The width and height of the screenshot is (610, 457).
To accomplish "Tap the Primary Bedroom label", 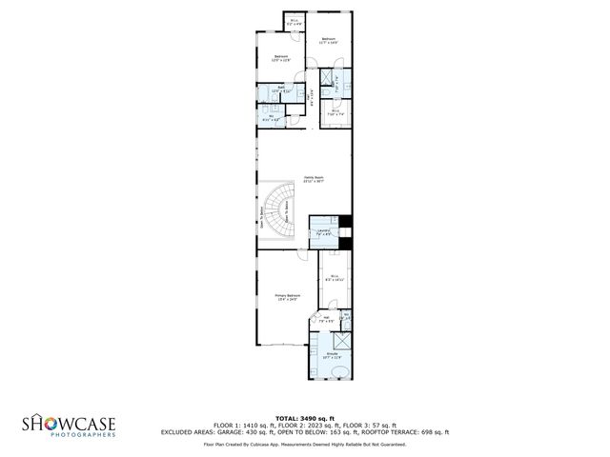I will point(288,297).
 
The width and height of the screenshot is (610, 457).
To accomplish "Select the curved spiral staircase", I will point(280,211).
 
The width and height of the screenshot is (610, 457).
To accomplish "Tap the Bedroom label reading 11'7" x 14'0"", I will point(329,40).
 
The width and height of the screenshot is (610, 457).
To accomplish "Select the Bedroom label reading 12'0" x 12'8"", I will point(281,58).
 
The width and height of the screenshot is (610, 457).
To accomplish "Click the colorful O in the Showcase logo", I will point(49,423).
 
